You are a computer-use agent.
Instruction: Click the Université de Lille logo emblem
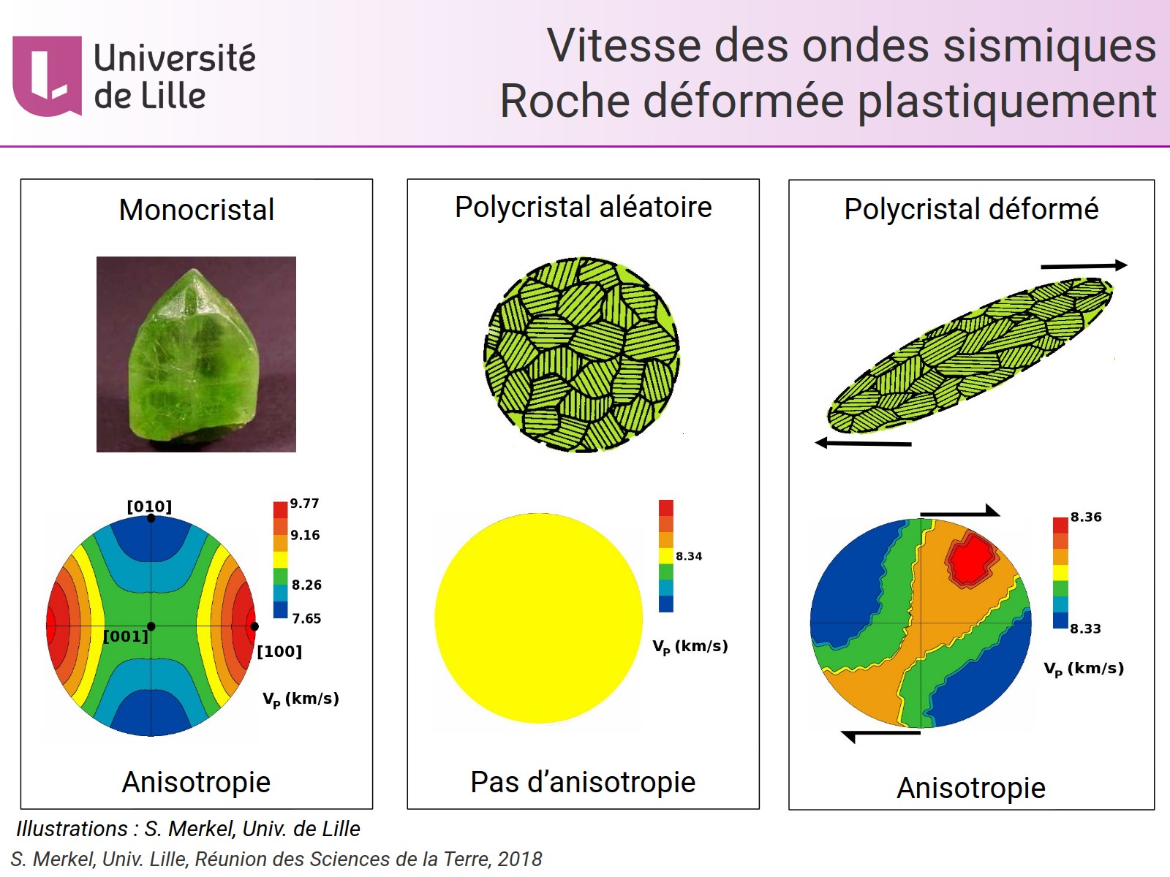pyautogui.click(x=47, y=76)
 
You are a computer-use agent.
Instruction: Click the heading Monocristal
pyautogui.click(x=197, y=210)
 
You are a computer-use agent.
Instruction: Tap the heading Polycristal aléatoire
pyautogui.click(x=583, y=207)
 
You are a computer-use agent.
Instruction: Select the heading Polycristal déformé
pyautogui.click(x=971, y=209)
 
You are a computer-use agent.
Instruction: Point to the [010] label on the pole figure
pyautogui.click(x=149, y=506)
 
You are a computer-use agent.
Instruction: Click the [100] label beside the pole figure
pyautogui.click(x=279, y=651)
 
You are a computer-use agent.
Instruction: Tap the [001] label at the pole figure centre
pyautogui.click(x=126, y=637)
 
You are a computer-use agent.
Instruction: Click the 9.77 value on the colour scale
pyautogui.click(x=304, y=504)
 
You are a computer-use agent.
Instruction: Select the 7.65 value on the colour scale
pyautogui.click(x=306, y=618)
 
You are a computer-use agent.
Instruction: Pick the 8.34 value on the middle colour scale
pyautogui.click(x=689, y=556)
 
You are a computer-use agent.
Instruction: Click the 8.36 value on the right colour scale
pyautogui.click(x=1086, y=517)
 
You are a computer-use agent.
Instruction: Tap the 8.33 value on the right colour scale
pyautogui.click(x=1085, y=629)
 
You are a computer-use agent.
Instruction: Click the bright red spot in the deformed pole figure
pyautogui.click(x=970, y=560)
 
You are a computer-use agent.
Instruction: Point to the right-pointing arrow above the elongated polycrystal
pyautogui.click(x=1084, y=265)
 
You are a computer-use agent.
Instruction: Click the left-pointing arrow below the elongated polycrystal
pyautogui.click(x=863, y=443)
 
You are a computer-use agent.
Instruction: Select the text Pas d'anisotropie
pyautogui.click(x=583, y=782)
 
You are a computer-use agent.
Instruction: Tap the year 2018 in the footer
pyautogui.click(x=520, y=859)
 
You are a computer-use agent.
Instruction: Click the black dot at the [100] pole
pyautogui.click(x=254, y=626)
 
